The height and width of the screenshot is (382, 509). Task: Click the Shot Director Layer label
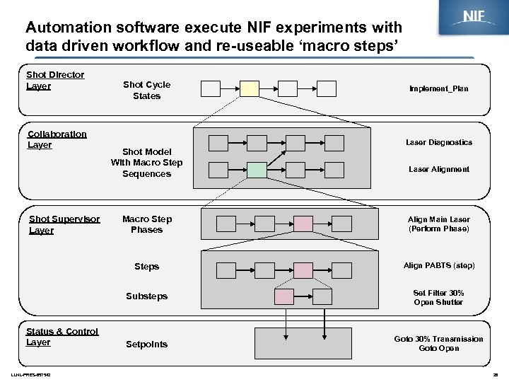click(54, 80)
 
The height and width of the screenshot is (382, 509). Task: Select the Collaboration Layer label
click(57, 139)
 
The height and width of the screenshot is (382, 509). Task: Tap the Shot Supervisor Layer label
click(64, 224)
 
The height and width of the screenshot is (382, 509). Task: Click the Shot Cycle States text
click(146, 90)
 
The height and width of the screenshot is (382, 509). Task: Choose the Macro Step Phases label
click(146, 224)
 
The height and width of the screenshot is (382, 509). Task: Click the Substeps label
click(146, 296)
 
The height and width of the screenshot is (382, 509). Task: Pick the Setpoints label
click(146, 345)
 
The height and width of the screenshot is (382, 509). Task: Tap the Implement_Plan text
click(438, 89)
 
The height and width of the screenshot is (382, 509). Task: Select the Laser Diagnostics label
click(438, 142)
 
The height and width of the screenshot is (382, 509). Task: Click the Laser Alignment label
click(438, 170)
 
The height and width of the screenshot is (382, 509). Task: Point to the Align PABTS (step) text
click(438, 266)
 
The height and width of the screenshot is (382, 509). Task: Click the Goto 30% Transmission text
click(438, 339)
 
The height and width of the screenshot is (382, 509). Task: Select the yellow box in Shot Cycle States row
click(250, 88)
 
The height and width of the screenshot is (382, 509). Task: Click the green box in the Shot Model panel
click(257, 170)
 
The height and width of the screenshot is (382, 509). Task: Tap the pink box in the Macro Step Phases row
click(303, 224)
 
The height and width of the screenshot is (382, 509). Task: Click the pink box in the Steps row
click(303, 270)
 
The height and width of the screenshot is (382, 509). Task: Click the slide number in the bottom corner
click(494, 375)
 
